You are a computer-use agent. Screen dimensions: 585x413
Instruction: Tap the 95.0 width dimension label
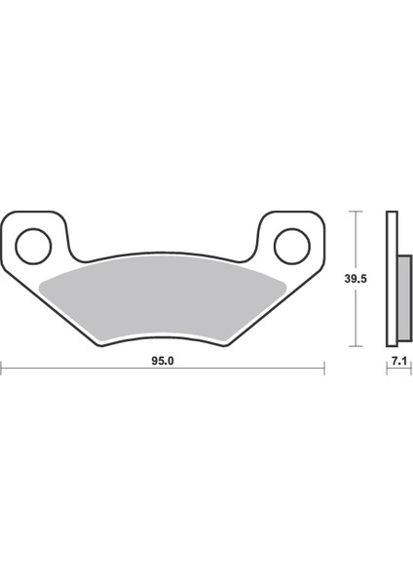pos(162,359)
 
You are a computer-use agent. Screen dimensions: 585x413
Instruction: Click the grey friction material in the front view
pos(162,294)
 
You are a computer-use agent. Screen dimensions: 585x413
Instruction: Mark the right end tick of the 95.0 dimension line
pos(323,368)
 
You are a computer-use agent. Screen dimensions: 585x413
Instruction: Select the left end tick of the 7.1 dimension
pos(387,368)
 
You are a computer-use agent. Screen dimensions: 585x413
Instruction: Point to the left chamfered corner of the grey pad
pos(43,282)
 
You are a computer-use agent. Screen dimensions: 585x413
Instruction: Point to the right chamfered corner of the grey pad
pos(282,282)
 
